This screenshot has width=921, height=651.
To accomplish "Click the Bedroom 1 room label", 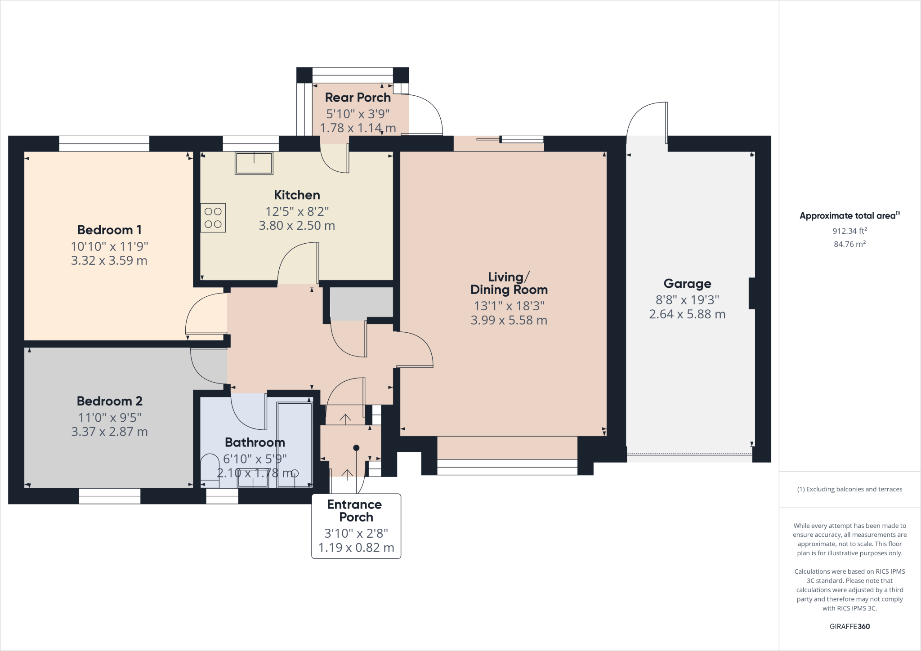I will tap(109, 230).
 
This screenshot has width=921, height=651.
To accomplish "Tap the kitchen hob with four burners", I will tap(213, 218).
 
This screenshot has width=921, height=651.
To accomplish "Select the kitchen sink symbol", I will tap(254, 163).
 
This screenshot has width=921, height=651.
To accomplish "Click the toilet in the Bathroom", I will tap(210, 470).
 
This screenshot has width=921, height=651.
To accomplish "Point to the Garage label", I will tap(687, 284).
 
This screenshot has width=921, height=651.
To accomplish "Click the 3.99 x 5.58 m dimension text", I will tap(509, 320).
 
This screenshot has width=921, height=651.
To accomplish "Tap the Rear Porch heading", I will tap(358, 98).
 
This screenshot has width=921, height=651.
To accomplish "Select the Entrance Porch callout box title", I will tap(355, 511).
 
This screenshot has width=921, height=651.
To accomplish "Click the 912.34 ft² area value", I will tap(849, 231).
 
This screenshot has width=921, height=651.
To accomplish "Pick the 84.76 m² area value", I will tap(849, 244).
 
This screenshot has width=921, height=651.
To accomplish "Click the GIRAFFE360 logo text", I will tap(849, 626).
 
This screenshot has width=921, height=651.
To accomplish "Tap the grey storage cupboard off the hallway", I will tap(362, 303).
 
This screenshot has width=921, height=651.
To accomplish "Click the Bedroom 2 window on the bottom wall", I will tap(110, 496).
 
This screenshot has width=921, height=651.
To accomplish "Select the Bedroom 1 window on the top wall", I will tap(104, 143).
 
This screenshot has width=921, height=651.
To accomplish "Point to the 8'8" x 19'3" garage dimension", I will tap(687, 300).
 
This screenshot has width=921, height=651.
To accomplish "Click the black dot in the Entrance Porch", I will tap(356, 448).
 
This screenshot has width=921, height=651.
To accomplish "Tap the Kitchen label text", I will tap(297, 195).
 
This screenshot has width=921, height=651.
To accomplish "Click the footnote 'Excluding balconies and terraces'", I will tap(849, 489).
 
